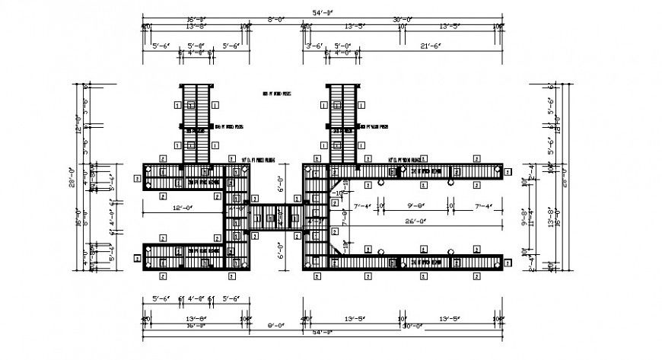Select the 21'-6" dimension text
[431, 46]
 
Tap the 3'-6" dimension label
[314, 46]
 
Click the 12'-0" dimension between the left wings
[180, 208]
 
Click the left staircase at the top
[196, 122]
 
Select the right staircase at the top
[343, 122]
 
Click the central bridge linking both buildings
[268, 216]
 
